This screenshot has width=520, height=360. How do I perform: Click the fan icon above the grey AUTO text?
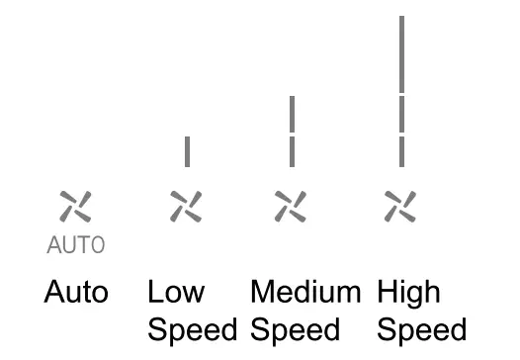tap(75, 206)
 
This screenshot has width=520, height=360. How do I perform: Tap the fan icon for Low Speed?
tap(186, 206)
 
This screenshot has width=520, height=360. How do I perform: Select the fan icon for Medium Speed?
tap(292, 206)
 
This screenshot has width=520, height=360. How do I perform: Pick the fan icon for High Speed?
tap(401, 206)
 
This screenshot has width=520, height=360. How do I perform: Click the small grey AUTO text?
tap(75, 244)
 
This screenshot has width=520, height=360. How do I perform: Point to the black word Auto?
tap(76, 294)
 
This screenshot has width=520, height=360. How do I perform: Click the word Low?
tap(176, 294)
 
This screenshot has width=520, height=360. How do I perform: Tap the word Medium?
tap(305, 294)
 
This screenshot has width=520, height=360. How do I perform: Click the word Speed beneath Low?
tap(193, 329)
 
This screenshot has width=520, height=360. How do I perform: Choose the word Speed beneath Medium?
tap(296, 329)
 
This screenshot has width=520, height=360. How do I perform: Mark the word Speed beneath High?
tap(422, 329)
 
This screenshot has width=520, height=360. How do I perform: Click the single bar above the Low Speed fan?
tap(186, 151)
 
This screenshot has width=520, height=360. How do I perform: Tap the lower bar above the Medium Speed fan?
tap(292, 151)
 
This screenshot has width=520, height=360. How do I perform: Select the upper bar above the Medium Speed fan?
tap(292, 114)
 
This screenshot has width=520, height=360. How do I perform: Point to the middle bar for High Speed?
tap(401, 114)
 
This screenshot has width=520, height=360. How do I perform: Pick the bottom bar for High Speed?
tap(401, 151)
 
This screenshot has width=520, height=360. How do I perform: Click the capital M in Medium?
tap(263, 293)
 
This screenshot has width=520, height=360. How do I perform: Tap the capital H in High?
tap(387, 293)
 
